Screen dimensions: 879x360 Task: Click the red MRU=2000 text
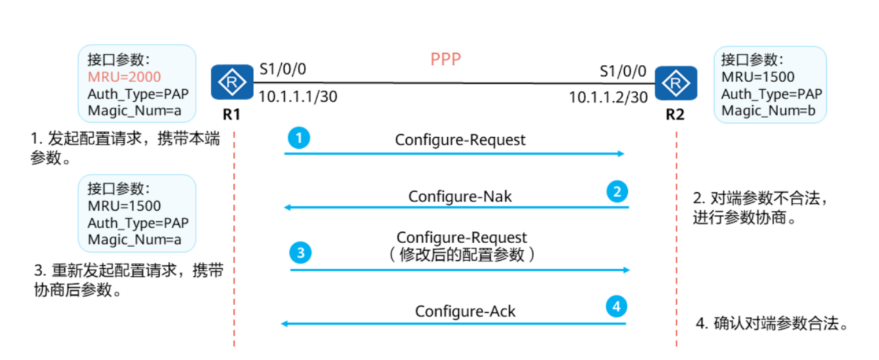pyautogui.click(x=124, y=77)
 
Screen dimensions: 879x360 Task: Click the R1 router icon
pyautogui.click(x=232, y=82)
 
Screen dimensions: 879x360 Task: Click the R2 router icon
pyautogui.click(x=676, y=83)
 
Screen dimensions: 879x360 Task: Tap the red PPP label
pyautogui.click(x=445, y=59)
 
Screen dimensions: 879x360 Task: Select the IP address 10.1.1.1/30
pyautogui.click(x=298, y=97)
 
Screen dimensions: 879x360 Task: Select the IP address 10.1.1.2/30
pyautogui.click(x=608, y=97)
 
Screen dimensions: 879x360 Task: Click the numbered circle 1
pyautogui.click(x=299, y=138)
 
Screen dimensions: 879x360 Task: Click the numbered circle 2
pyautogui.click(x=617, y=192)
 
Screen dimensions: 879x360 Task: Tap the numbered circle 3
pyautogui.click(x=300, y=252)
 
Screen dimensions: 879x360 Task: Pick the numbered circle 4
pyautogui.click(x=616, y=306)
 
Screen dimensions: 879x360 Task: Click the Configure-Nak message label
pyautogui.click(x=460, y=197)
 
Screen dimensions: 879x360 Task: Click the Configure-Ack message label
pyautogui.click(x=465, y=312)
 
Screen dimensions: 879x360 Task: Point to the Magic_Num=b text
pyautogui.click(x=768, y=111)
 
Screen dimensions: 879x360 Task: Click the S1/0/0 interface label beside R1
pyautogui.click(x=282, y=69)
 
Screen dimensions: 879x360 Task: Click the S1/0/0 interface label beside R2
pyautogui.click(x=623, y=72)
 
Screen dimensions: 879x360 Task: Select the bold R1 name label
pyautogui.click(x=231, y=114)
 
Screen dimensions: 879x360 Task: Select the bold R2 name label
pyautogui.click(x=675, y=114)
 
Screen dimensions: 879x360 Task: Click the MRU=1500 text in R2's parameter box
pyautogui.click(x=758, y=77)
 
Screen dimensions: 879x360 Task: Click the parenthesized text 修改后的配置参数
pyautogui.click(x=462, y=255)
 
